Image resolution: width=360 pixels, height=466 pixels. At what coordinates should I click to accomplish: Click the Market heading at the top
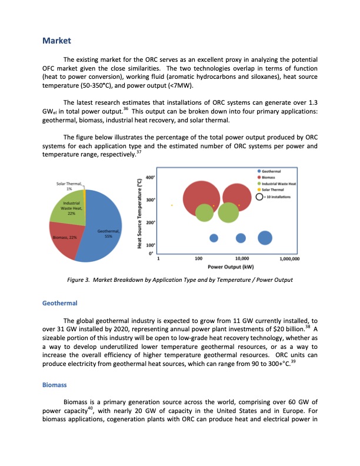click(57, 41)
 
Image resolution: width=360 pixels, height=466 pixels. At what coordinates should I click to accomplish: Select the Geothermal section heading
click(61, 303)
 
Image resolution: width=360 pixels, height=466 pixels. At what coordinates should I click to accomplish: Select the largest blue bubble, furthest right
click(265, 238)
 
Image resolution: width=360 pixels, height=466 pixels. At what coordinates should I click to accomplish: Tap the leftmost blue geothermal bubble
click(214, 238)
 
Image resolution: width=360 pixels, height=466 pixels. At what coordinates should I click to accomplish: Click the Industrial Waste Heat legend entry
click(283, 183)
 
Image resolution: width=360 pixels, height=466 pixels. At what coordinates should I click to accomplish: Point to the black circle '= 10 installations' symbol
click(261, 196)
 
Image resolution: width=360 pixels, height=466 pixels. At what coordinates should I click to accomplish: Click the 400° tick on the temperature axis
click(149, 177)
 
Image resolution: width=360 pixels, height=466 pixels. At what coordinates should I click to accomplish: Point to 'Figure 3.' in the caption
click(79, 279)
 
